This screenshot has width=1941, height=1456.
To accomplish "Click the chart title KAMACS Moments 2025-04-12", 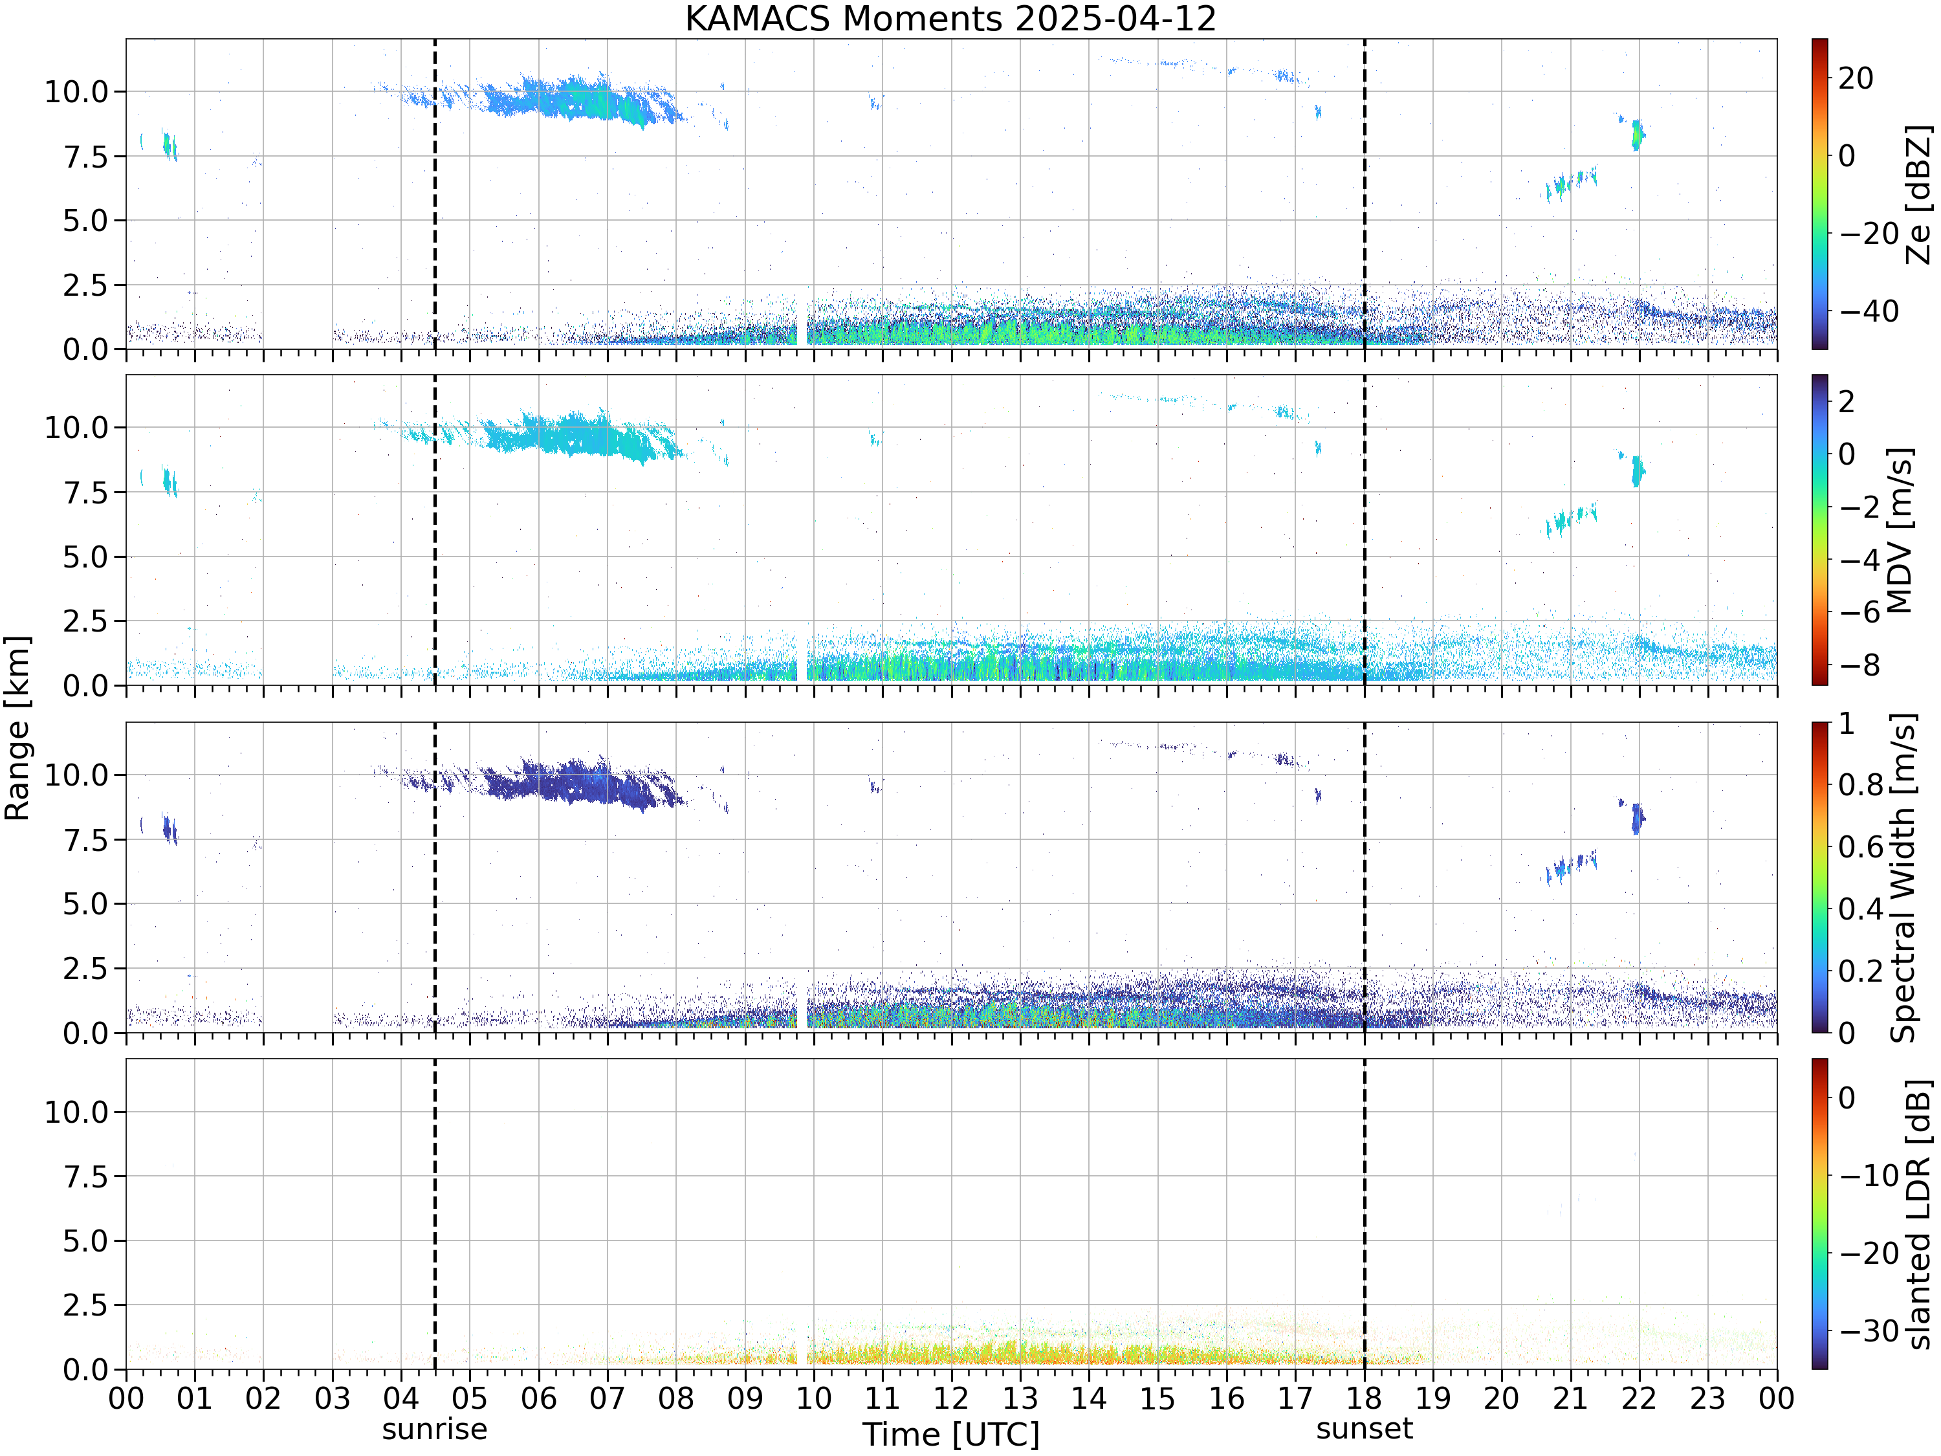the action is click(x=950, y=18).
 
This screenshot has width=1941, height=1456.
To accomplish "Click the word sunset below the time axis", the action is click(x=1365, y=1429).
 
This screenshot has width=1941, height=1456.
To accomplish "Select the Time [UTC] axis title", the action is click(x=950, y=1435).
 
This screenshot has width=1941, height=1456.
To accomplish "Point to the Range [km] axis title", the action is click(x=17, y=729).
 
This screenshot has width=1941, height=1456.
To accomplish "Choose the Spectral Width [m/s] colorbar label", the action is click(x=1902, y=877).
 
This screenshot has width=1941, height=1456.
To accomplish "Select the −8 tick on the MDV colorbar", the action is click(x=1860, y=665).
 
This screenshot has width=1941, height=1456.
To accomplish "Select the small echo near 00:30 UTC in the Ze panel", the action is click(x=168, y=145).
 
